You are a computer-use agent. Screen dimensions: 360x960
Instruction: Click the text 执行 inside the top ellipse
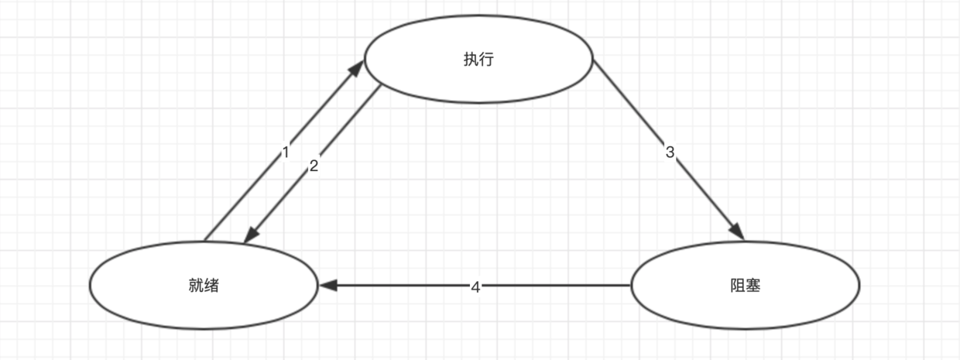pyautogui.click(x=478, y=60)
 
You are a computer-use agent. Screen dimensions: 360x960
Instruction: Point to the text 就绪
pyautogui.click(x=204, y=286)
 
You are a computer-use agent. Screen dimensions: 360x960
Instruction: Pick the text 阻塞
pyautogui.click(x=746, y=286)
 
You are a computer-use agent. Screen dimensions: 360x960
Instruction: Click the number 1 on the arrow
pyautogui.click(x=285, y=153)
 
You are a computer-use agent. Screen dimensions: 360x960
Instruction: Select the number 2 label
pyautogui.click(x=314, y=165)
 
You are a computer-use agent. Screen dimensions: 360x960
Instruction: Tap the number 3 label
pyautogui.click(x=670, y=153)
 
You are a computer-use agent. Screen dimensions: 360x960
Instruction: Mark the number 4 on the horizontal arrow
pyautogui.click(x=475, y=286)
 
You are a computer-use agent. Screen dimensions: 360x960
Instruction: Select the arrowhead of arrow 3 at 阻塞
pyautogui.click(x=736, y=232)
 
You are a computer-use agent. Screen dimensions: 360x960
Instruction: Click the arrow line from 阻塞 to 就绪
pyautogui.click(x=557, y=286)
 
